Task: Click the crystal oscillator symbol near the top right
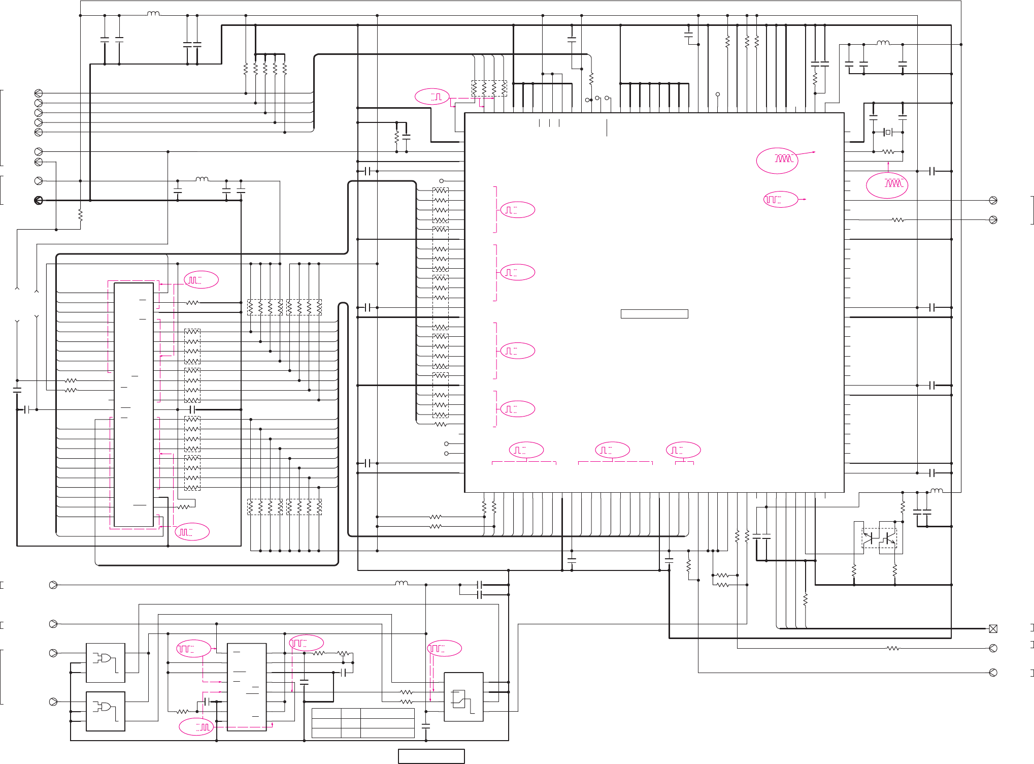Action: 888,132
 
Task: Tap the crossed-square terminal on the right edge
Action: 993,629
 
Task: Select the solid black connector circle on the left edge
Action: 39,200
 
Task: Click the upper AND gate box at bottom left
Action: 106,662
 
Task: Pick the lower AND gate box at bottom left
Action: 106,711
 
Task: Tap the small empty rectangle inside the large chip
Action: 654,314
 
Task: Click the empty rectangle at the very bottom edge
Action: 431,756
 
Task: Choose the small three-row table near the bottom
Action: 363,723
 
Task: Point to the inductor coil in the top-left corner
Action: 153,14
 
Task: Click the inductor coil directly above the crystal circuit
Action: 883,43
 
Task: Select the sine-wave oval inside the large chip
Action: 777,161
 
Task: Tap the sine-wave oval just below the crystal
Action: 887,185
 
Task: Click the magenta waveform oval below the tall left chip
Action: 192,532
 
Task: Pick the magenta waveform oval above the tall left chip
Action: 201,280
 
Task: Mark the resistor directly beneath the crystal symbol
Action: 888,151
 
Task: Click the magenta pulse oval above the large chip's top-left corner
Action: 432,97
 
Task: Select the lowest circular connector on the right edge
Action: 993,673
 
